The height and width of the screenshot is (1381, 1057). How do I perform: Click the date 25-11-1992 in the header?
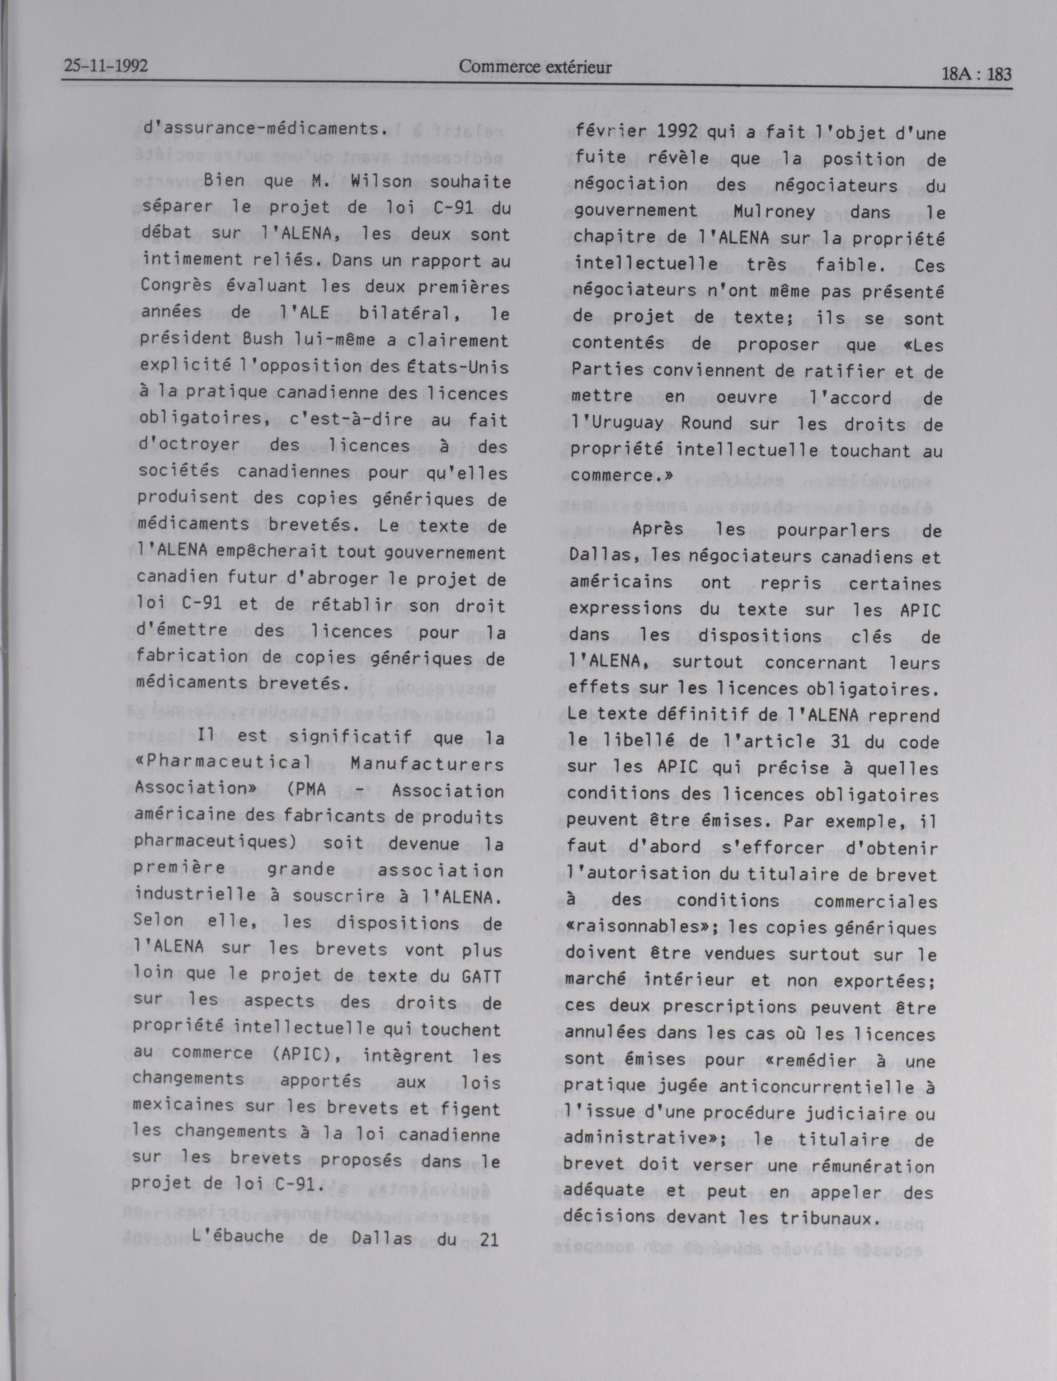pos(106,66)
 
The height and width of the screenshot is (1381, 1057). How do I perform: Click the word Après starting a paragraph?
pos(658,530)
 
